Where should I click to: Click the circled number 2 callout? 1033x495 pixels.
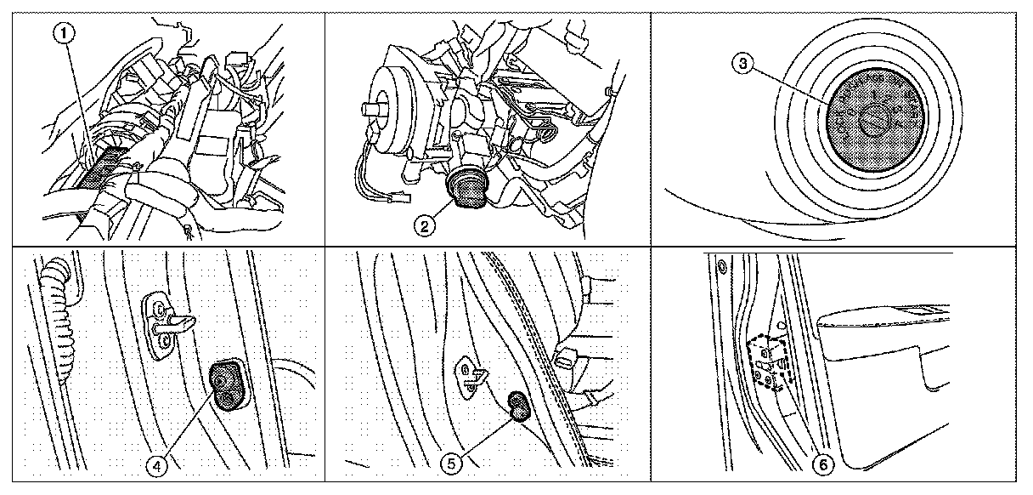[424, 226]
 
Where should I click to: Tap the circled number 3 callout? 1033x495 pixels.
[742, 64]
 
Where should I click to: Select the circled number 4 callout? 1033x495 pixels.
[157, 465]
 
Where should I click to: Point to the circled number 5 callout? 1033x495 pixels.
[451, 464]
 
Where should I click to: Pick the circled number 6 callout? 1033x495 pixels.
[824, 464]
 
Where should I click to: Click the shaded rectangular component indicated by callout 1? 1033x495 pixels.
[101, 168]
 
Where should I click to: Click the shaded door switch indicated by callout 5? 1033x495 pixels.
[519, 407]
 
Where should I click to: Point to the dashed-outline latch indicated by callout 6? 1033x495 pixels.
[769, 364]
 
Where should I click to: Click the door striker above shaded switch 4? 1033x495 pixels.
[166, 325]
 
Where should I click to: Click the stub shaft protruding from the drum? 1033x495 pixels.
[374, 110]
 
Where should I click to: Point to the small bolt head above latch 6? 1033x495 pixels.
[722, 267]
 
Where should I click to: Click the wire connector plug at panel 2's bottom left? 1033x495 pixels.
[400, 198]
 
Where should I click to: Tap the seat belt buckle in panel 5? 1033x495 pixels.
[567, 358]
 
